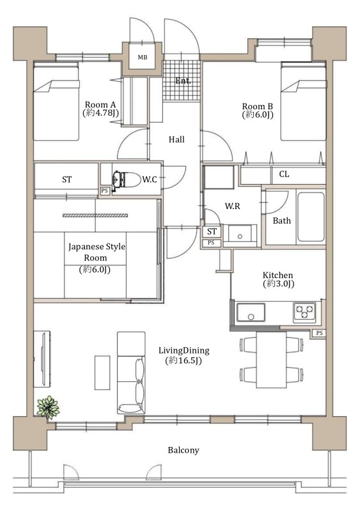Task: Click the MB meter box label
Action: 142,58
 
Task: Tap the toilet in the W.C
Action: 126,180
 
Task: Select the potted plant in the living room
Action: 48,407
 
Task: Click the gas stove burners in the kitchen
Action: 304,313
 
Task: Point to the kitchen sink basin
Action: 251,312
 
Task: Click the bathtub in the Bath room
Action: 311,217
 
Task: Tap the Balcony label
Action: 184,450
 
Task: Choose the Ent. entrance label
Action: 183,81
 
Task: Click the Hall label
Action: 176,139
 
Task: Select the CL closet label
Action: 284,175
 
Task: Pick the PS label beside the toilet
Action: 104,191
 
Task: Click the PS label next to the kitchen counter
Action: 320,333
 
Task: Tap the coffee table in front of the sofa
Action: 102,372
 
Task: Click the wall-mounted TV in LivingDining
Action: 42,359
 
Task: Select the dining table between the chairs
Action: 271,359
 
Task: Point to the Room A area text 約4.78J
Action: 100,113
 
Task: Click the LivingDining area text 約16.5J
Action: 184,361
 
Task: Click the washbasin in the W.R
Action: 240,233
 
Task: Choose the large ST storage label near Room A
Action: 67,180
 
